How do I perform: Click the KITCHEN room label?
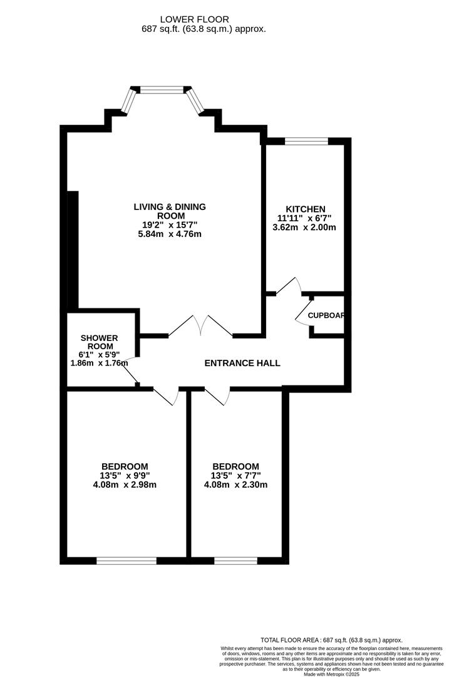tap(306, 209)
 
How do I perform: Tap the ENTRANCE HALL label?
tap(242, 363)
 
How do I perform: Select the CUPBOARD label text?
tap(326, 315)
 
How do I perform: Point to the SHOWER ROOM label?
tap(99, 342)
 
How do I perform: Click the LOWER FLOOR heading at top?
tap(195, 19)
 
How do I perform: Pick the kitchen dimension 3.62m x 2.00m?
tap(304, 227)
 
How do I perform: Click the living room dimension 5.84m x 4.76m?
tap(170, 234)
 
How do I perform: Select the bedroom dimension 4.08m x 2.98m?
tap(125, 485)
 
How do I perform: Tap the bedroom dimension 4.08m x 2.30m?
tap(235, 485)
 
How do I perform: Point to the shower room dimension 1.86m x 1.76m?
tap(99, 363)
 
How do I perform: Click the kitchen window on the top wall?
tap(306, 141)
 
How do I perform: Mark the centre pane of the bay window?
tap(162, 90)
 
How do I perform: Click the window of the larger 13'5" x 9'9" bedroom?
tap(126, 560)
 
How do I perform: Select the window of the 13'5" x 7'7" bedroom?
tap(235, 560)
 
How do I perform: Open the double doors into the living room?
tap(201, 326)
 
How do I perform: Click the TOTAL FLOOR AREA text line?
tap(331, 640)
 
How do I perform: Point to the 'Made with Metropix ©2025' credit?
tap(331, 674)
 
